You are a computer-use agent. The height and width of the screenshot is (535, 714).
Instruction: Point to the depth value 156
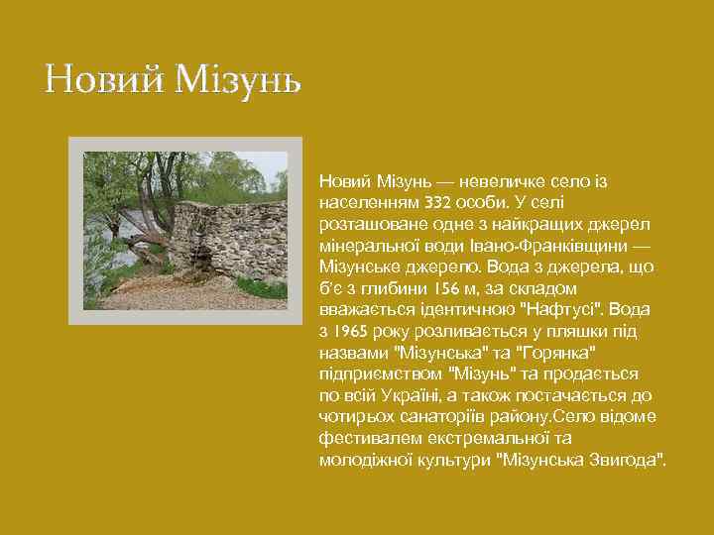point(446,288)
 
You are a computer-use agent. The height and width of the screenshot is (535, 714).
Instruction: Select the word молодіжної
point(363,461)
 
